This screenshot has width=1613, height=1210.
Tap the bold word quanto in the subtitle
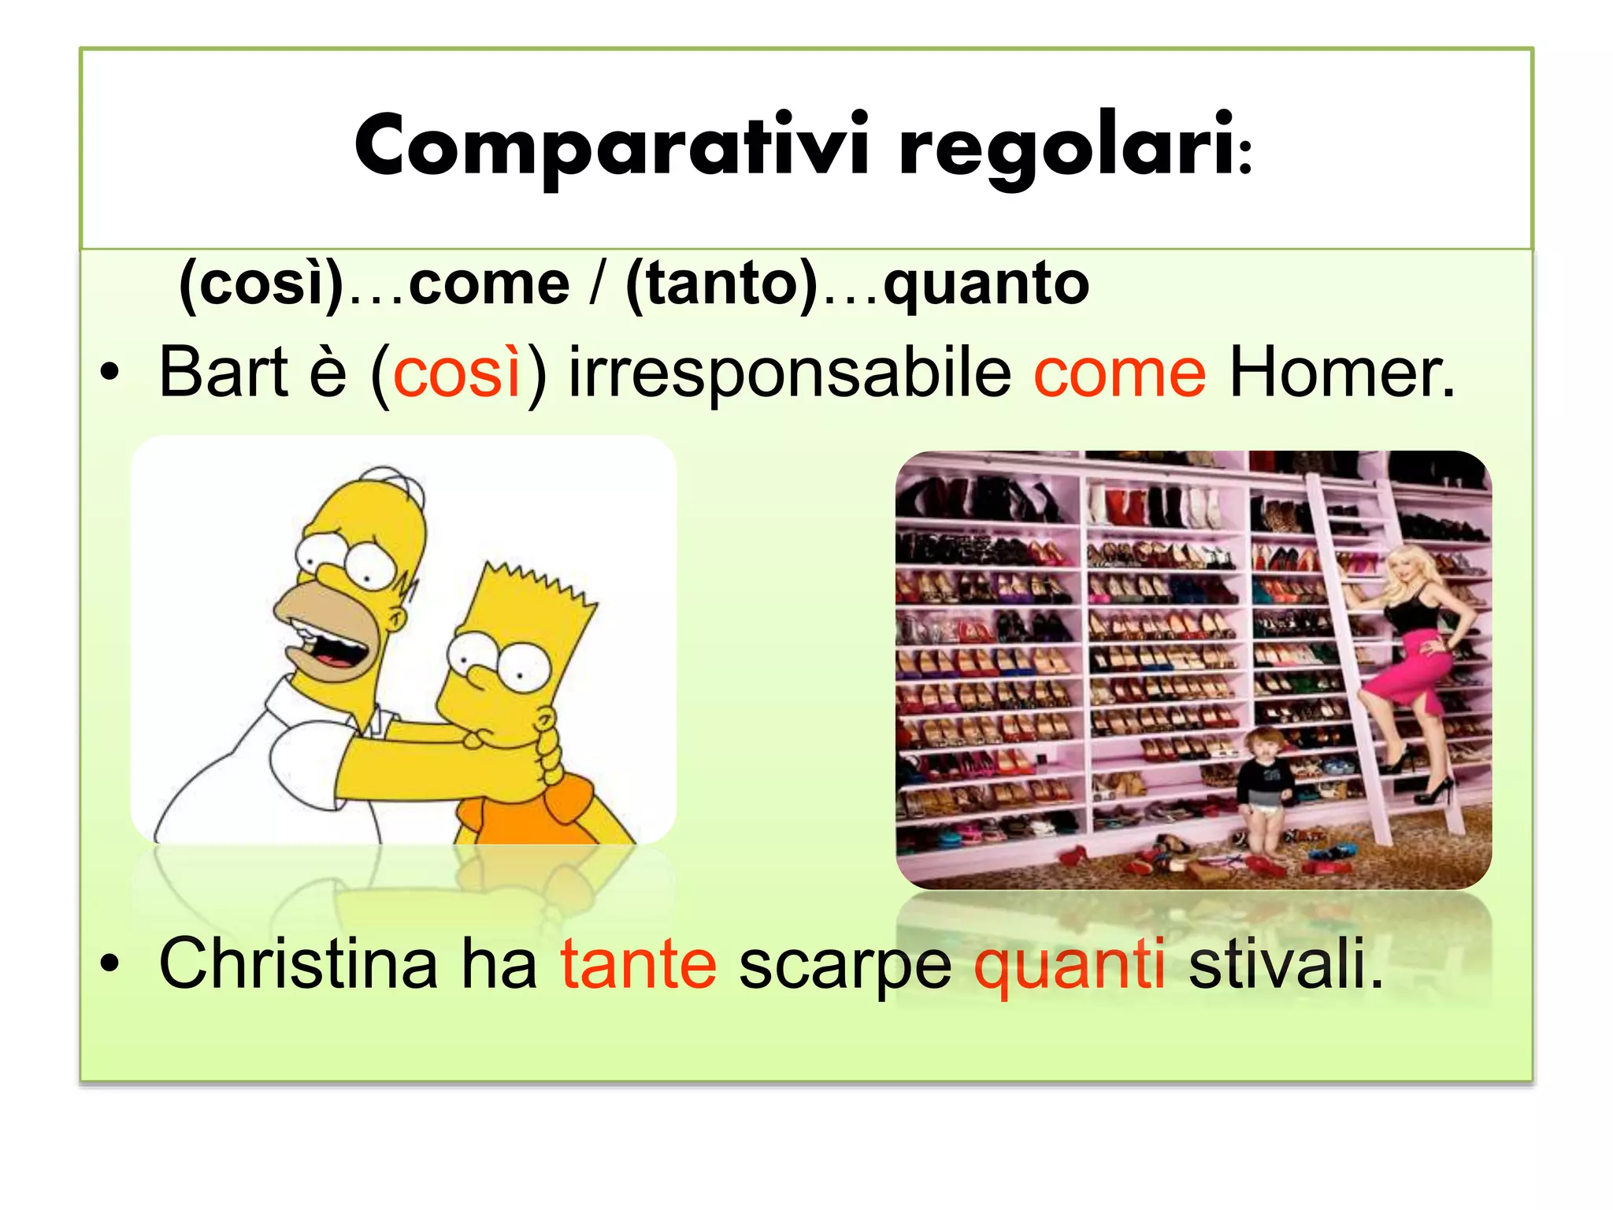pyautogui.click(x=986, y=284)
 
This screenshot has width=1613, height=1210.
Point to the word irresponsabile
pyautogui.click(x=789, y=373)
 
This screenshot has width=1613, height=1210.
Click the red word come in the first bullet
pyautogui.click(x=1119, y=373)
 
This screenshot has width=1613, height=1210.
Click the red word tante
pyautogui.click(x=638, y=965)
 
